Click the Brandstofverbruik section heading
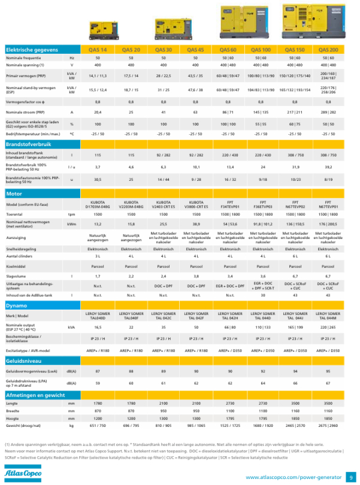[28, 144]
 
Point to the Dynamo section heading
[16, 305]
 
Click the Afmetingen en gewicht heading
[35, 395]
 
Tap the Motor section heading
[14, 194]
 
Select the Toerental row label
[14, 214]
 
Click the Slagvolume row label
[16, 276]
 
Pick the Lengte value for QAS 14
[98, 404]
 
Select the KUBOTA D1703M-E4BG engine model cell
[98, 204]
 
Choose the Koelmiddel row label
[15, 265]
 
